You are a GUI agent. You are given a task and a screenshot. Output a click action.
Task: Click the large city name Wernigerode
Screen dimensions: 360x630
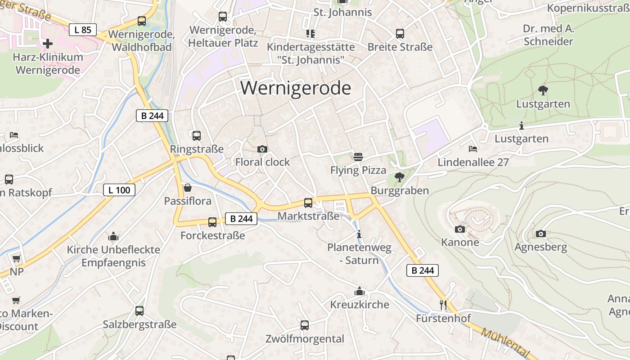[x=295, y=88]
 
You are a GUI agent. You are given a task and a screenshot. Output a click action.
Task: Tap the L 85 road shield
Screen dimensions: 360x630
[x=83, y=30]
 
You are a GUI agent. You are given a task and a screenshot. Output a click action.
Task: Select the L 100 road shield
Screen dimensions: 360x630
[x=119, y=190]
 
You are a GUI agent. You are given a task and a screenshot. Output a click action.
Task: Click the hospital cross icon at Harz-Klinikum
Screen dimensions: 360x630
[x=48, y=44]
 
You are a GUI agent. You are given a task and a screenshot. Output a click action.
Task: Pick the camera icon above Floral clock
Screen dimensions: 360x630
[x=262, y=149]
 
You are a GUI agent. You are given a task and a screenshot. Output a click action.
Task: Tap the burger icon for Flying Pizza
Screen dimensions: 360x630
[x=358, y=157]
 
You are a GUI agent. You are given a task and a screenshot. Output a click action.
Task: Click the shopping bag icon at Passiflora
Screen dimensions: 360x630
[x=187, y=188]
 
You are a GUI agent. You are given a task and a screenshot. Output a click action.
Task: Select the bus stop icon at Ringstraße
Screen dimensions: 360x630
[x=196, y=135]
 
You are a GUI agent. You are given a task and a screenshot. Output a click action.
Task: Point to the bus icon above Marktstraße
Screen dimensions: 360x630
[x=308, y=203]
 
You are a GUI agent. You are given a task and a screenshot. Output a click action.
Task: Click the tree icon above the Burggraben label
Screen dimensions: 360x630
[x=399, y=177]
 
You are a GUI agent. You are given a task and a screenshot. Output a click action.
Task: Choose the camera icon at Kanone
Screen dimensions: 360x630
[x=459, y=229]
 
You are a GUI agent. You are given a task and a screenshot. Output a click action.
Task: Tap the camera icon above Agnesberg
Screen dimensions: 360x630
[x=540, y=234]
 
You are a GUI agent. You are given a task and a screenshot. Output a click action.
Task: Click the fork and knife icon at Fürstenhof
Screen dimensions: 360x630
[x=443, y=305]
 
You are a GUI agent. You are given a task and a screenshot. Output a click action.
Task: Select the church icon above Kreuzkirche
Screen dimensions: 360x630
[x=359, y=292]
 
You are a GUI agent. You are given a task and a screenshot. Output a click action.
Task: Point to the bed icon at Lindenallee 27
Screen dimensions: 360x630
[x=472, y=148]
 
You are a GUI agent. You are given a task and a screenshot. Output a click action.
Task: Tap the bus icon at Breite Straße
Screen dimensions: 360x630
[x=400, y=34]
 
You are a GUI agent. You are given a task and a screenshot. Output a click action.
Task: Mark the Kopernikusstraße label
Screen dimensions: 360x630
[x=588, y=8]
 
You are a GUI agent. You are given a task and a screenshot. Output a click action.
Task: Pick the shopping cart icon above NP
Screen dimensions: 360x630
[x=16, y=259]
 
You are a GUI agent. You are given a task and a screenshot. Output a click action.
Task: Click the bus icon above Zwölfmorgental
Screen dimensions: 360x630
[x=305, y=325]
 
